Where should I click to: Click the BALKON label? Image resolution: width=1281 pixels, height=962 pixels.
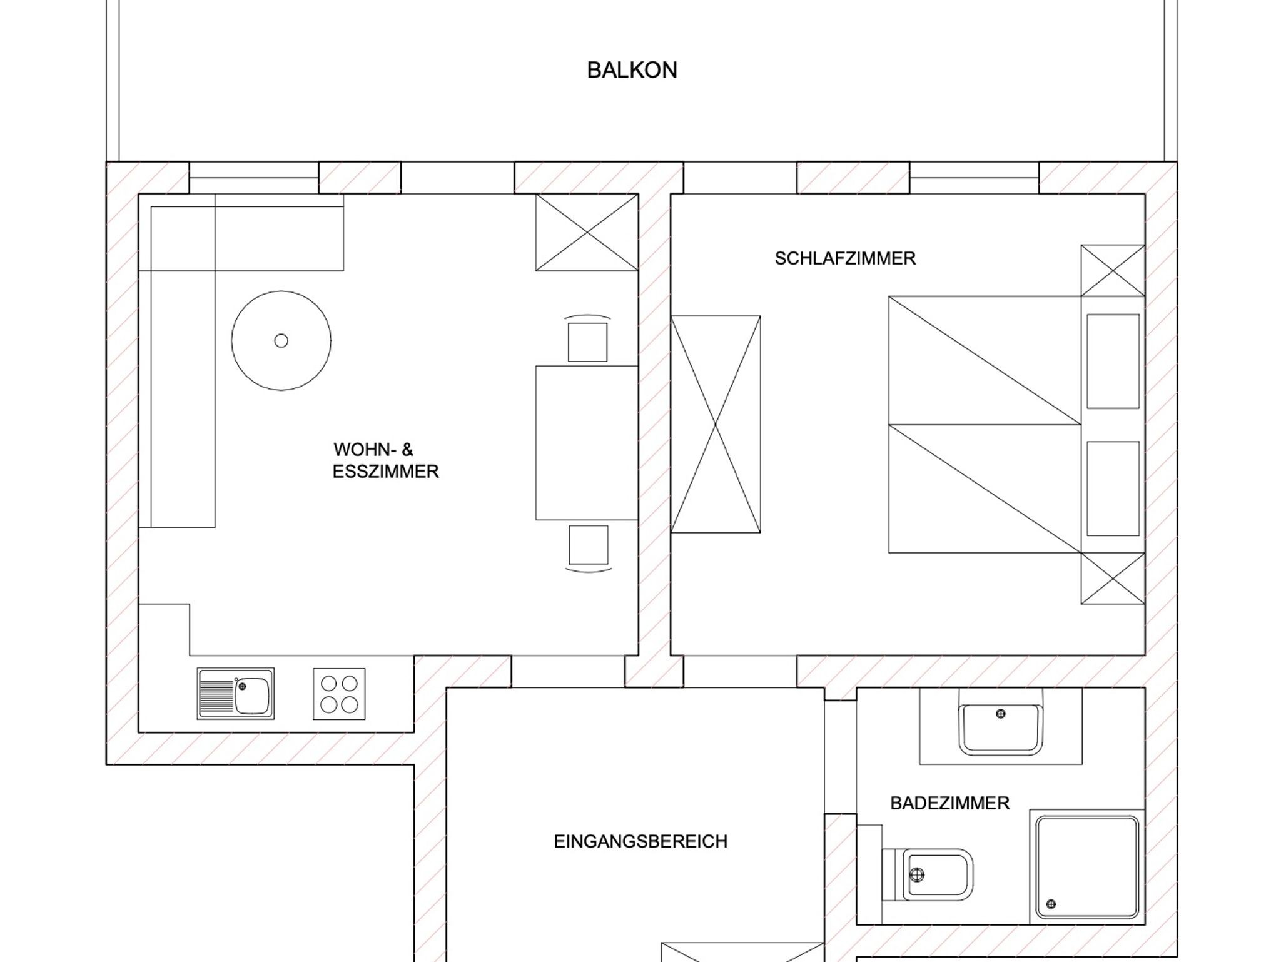pos(632,70)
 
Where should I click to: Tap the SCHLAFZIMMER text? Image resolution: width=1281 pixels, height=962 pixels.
pos(845,258)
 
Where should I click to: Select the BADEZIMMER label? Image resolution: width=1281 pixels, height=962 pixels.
pos(949,803)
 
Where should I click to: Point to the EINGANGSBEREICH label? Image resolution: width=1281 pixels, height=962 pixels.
pos(640,841)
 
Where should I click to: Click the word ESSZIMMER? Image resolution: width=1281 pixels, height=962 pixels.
pos(385,472)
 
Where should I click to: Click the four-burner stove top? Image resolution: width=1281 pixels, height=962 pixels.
pos(339,694)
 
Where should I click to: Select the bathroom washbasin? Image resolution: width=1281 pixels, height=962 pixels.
pos(1001,729)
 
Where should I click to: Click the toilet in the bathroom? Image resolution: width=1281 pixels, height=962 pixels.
pos(927,874)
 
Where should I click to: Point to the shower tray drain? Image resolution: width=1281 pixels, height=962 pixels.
pos(1051,904)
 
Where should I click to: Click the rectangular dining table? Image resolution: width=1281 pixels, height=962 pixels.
pos(587,443)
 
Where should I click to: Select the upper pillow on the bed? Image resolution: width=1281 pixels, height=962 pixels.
pos(1113,362)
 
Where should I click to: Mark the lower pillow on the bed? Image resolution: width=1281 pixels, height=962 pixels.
pos(1113,489)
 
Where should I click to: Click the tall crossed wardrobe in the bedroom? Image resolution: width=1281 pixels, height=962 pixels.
pos(716,425)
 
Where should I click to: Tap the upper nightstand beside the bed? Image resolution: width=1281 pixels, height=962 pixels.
pos(1113,271)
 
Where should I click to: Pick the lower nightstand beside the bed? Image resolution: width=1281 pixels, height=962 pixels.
pos(1113,579)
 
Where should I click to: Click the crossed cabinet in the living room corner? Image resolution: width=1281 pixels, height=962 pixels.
pos(587,233)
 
